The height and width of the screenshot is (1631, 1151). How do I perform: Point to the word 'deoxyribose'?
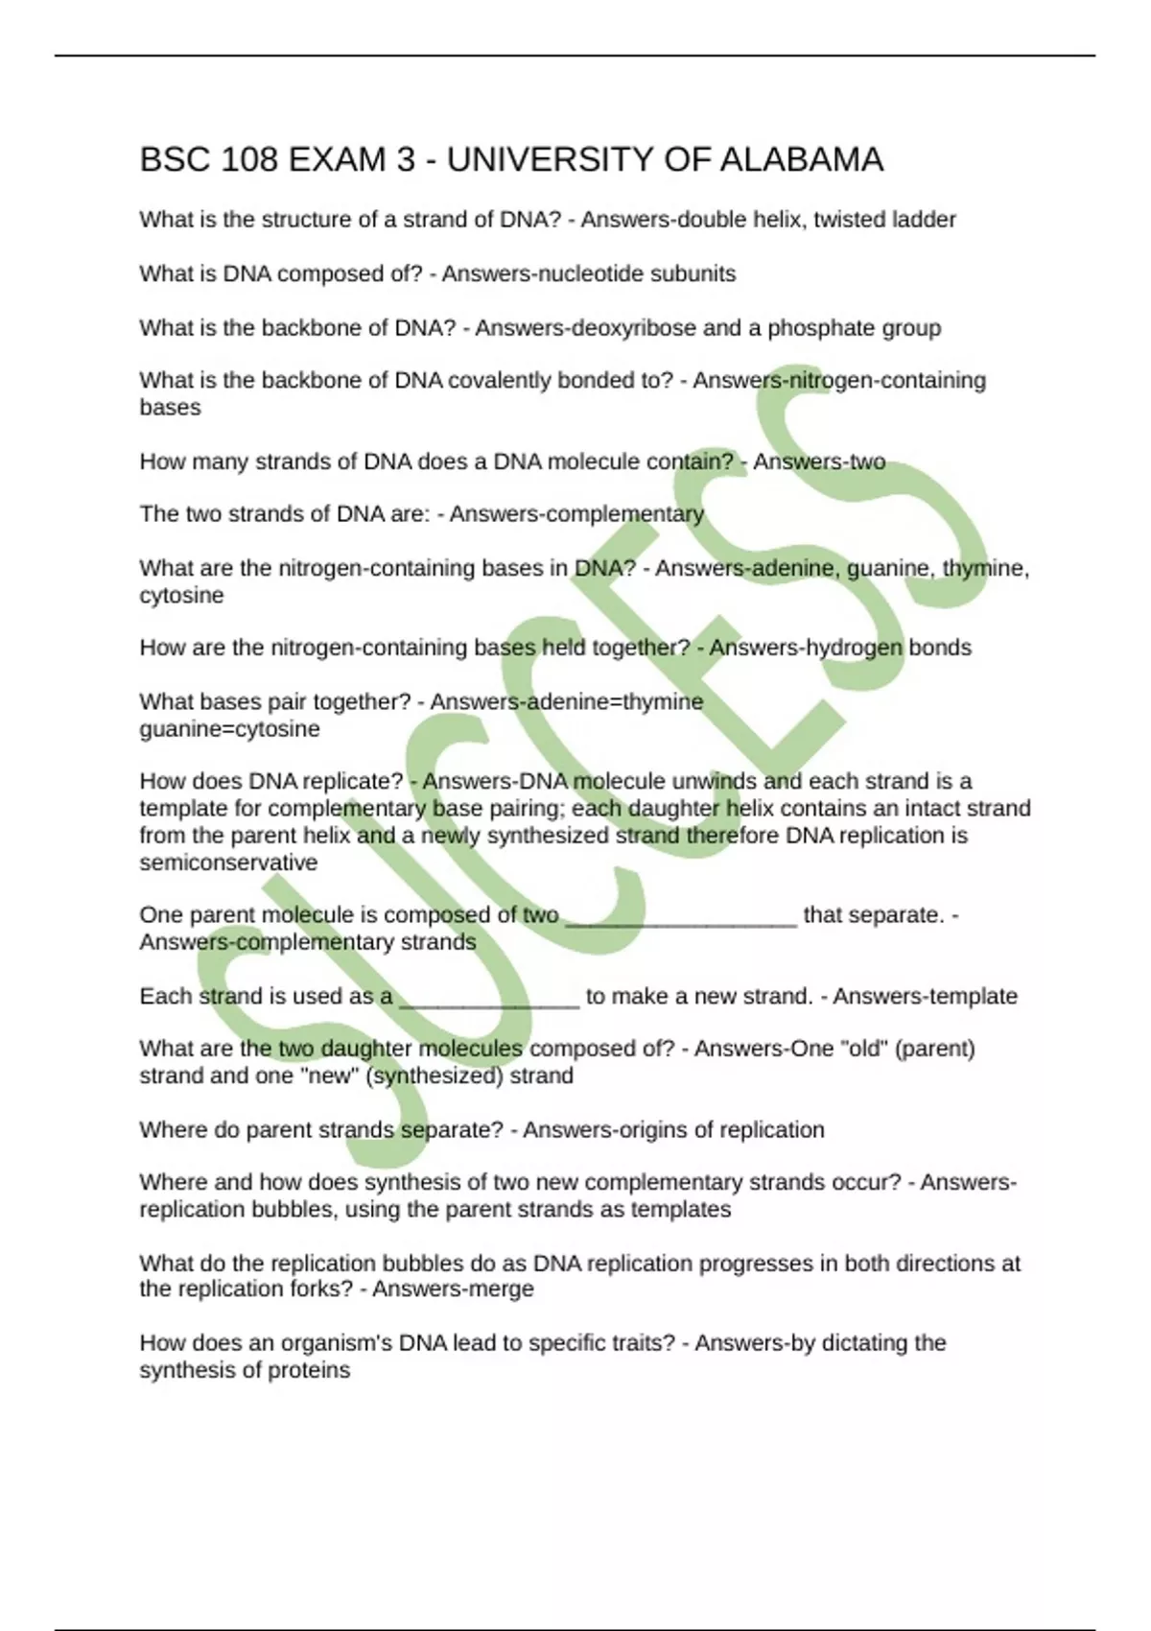(x=634, y=328)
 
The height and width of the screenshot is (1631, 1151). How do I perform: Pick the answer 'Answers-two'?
(x=819, y=461)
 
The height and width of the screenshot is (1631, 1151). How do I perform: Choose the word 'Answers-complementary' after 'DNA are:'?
(x=576, y=514)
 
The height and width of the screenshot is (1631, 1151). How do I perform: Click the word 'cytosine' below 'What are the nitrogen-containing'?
(x=181, y=596)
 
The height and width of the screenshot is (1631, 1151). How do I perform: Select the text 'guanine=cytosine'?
(x=229, y=729)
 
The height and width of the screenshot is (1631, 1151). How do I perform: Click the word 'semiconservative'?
(x=228, y=863)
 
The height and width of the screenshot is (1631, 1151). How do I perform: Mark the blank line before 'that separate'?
(x=681, y=917)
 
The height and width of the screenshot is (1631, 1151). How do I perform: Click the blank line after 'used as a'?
(x=489, y=998)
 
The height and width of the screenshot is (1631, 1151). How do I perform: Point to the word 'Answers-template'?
(x=925, y=996)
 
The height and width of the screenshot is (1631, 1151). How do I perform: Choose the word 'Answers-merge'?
(x=453, y=1288)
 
